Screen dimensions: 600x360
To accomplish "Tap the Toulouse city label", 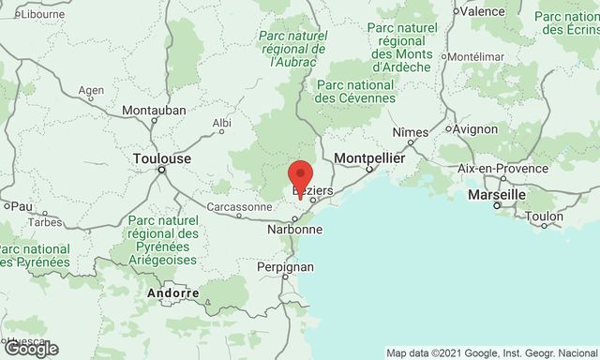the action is [162, 158].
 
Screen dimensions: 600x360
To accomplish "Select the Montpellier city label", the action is [369, 158].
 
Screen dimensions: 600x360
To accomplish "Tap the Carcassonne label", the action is [239, 206].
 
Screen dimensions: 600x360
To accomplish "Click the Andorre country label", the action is [173, 293].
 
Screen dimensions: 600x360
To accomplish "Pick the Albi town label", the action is [222, 123].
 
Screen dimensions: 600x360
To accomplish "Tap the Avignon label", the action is [477, 128].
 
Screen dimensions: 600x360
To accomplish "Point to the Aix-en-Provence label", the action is [502, 168].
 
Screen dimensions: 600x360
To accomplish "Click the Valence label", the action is [483, 11].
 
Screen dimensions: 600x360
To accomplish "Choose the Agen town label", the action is [92, 91].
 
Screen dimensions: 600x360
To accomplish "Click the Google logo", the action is [31, 349].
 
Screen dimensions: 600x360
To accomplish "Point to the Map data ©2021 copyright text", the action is [492, 352].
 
